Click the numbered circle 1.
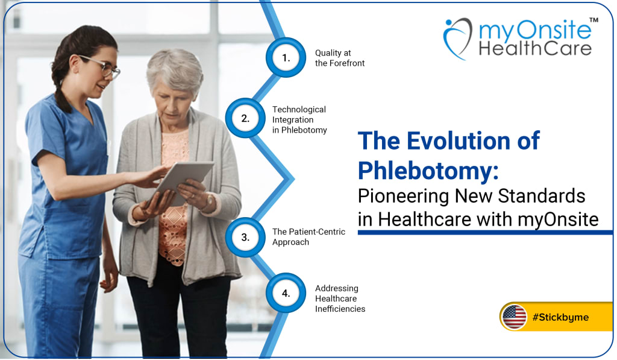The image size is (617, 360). click(x=286, y=58)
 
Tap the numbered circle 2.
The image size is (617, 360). click(x=245, y=118)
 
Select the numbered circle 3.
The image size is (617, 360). click(x=245, y=237)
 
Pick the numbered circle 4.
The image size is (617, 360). click(x=286, y=294)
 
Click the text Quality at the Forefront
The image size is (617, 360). click(x=339, y=58)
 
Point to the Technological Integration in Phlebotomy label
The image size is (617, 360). click(x=299, y=119)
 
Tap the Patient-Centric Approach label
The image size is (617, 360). click(x=308, y=237)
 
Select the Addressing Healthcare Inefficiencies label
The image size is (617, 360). click(x=340, y=298)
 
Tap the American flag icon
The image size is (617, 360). click(x=515, y=317)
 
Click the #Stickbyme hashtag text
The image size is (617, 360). click(x=560, y=317)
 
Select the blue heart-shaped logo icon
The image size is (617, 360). click(x=457, y=38)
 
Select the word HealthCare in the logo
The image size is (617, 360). click(x=535, y=48)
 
